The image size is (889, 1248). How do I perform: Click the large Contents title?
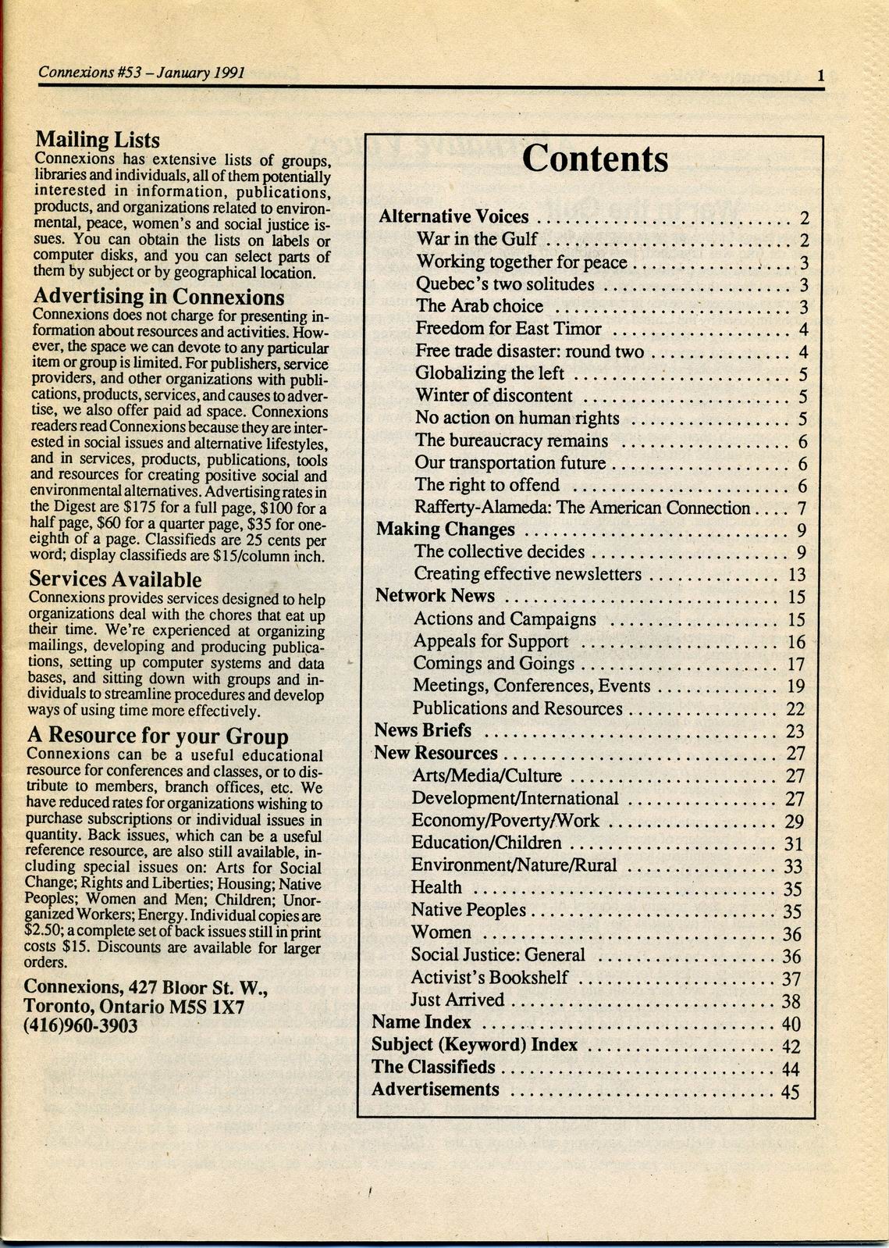click(595, 159)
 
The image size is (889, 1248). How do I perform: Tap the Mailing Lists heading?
click(98, 140)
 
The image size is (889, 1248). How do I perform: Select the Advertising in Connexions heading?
click(158, 297)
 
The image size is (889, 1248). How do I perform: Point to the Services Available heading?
click(116, 579)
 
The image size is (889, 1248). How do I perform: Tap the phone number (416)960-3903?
click(81, 1025)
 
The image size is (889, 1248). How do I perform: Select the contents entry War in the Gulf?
click(477, 239)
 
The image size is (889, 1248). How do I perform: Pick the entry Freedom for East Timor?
click(508, 329)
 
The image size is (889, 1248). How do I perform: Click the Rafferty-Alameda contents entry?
click(582, 508)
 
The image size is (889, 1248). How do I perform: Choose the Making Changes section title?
click(445, 530)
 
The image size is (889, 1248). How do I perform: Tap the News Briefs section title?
click(423, 730)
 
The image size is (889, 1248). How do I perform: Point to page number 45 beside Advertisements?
click(790, 1091)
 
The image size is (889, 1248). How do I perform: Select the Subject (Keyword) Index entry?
click(475, 1045)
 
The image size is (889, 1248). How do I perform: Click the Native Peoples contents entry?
click(468, 910)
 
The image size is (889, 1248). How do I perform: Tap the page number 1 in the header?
click(821, 76)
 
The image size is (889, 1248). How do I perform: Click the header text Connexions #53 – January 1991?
click(142, 73)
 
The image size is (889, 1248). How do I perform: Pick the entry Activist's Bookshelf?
click(489, 978)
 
